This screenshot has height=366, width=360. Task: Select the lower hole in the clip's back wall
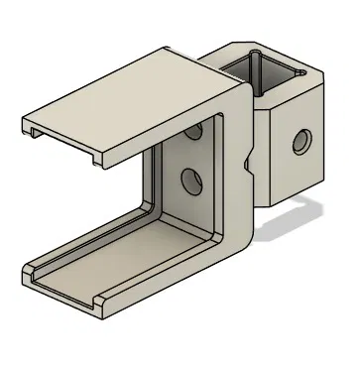[x=187, y=180]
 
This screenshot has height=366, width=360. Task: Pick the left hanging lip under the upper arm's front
[x=34, y=130]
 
